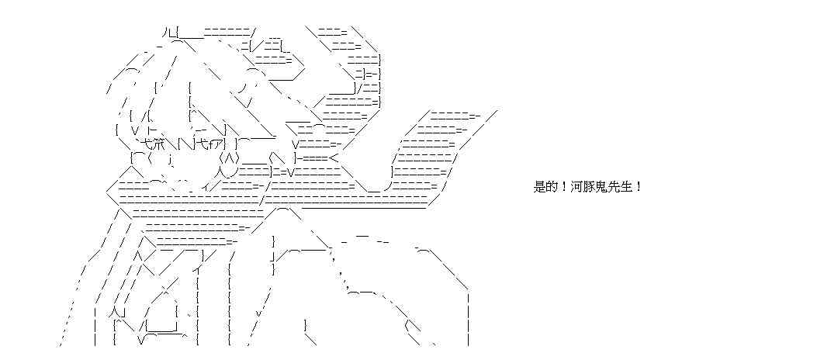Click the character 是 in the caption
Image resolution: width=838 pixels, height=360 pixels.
541,187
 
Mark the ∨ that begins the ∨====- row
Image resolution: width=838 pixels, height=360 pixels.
296,144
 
